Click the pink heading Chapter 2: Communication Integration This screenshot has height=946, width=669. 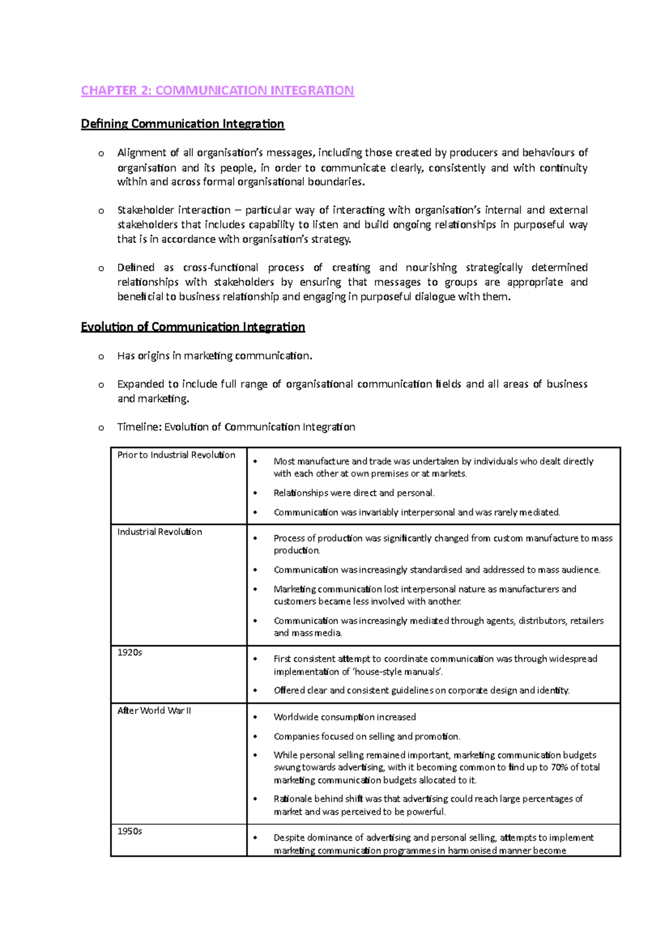point(217,90)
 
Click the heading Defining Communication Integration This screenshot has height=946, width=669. point(182,124)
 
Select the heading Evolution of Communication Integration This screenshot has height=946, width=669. point(192,327)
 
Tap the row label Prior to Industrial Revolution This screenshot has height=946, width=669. point(176,455)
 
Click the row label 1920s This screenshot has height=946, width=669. point(129,652)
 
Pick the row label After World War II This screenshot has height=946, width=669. point(154,711)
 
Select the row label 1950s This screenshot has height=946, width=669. point(129,831)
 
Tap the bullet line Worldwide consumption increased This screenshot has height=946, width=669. point(345,717)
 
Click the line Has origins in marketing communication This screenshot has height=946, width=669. point(215,356)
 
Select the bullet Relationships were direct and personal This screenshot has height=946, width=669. point(353,493)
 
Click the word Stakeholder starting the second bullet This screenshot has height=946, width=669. point(145,210)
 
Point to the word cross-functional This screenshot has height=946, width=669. point(221,268)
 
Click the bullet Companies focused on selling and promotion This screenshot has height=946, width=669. point(366,737)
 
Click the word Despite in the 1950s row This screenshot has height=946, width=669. point(288,838)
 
